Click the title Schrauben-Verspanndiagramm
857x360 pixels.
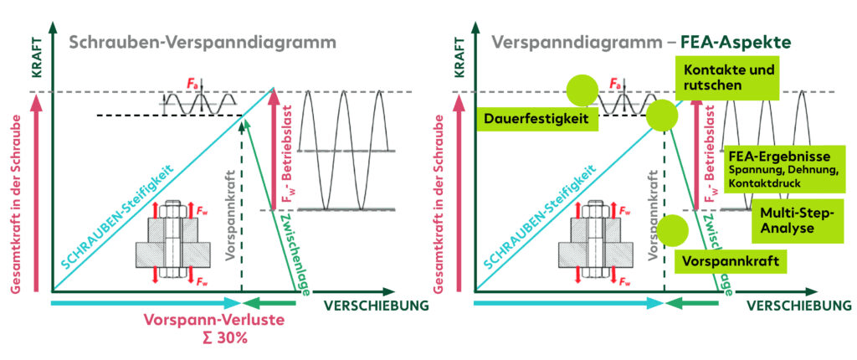point(203,42)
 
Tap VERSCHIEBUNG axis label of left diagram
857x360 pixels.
point(376,306)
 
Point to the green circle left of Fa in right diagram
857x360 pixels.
point(582,90)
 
